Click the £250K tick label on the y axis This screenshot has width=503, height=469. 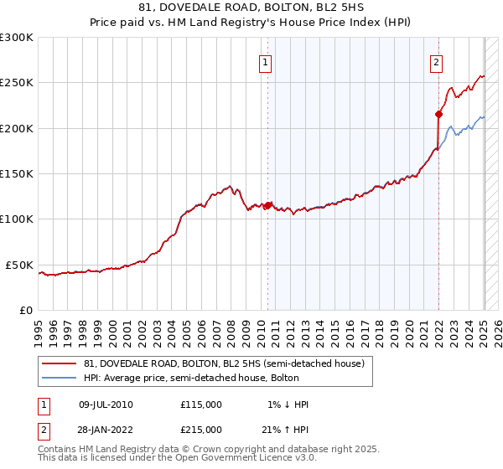pyautogui.click(x=16, y=83)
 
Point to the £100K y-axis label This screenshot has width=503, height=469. pyautogui.click(x=16, y=219)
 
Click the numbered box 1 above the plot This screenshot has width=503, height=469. pyautogui.click(x=265, y=61)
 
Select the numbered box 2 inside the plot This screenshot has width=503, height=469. pyautogui.click(x=437, y=61)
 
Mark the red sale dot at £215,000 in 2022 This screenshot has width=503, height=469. pyautogui.click(x=438, y=114)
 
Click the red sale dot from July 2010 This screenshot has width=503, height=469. pyautogui.click(x=267, y=205)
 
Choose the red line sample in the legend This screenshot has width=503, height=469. pyautogui.click(x=60, y=364)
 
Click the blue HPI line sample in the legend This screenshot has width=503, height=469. pyautogui.click(x=60, y=379)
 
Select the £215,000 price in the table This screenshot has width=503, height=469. pyautogui.click(x=201, y=430)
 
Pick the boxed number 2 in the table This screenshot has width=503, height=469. pyautogui.click(x=42, y=430)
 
